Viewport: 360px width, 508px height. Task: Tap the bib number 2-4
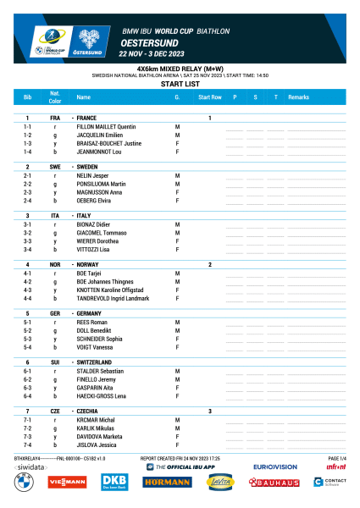coord(27,201)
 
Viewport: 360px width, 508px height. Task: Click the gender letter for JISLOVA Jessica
coord(176,444)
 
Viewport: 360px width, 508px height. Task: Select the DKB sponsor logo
coord(114,483)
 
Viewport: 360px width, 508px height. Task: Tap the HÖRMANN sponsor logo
coord(165,483)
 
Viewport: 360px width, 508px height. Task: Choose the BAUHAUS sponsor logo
coord(274,483)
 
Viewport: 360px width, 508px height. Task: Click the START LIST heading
coord(180,85)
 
